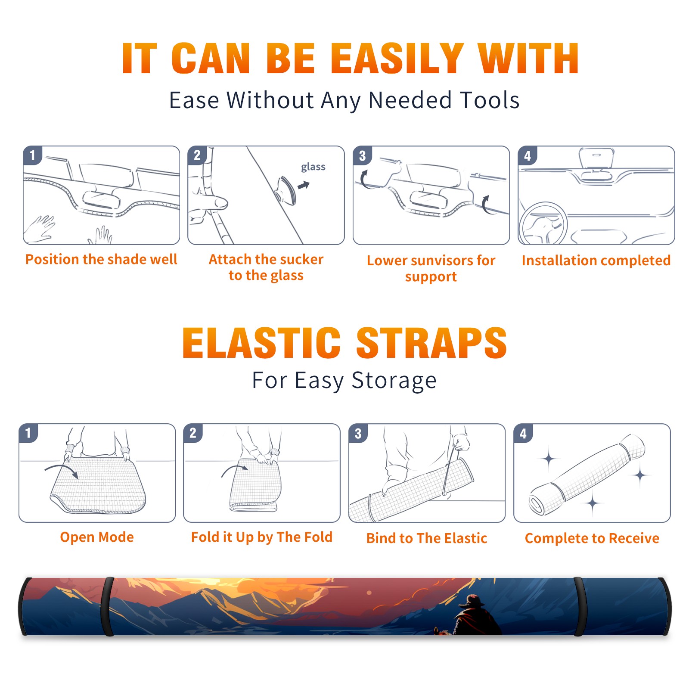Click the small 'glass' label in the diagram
click(313, 167)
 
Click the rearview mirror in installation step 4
click(596, 158)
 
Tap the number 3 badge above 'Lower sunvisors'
click(362, 155)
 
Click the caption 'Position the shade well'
click(101, 259)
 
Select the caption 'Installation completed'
click(596, 260)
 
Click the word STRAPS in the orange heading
click(431, 343)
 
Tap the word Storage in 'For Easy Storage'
click(394, 381)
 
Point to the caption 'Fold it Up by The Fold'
click(262, 537)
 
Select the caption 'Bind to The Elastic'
click(427, 538)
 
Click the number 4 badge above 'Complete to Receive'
click(523, 433)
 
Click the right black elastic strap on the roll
click(580, 606)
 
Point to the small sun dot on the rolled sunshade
click(369, 593)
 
